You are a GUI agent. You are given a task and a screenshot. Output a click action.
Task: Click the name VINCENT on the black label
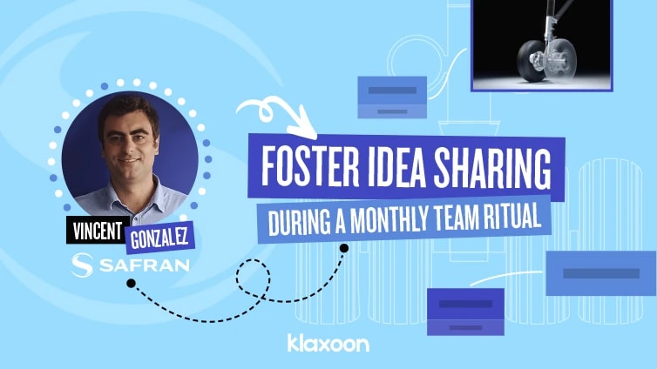pyautogui.click(x=95, y=232)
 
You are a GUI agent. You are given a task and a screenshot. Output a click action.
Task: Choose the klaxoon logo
pyautogui.click(x=328, y=343)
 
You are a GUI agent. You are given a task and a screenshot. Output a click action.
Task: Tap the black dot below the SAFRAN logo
pyautogui.click(x=130, y=283)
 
